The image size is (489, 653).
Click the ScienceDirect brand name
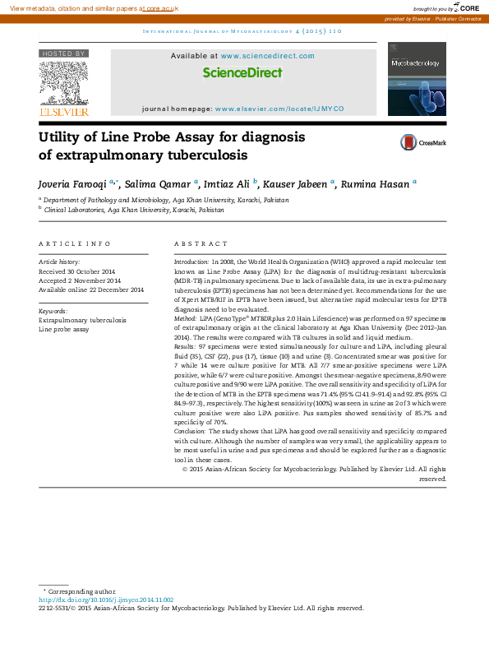pyautogui.click(x=242, y=72)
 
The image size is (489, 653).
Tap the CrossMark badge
pyautogui.click(x=423, y=142)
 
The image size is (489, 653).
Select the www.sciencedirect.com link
pyautogui.click(x=267, y=56)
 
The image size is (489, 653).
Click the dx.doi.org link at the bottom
pyautogui.click(x=106, y=600)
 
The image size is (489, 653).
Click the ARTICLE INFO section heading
pyautogui.click(x=75, y=244)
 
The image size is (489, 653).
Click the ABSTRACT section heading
pyautogui.click(x=201, y=244)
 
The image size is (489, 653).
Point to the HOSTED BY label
pyautogui.click(x=63, y=53)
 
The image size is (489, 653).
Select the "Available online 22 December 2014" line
pyautogui.click(x=91, y=289)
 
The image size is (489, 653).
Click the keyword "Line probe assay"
pyautogui.click(x=63, y=329)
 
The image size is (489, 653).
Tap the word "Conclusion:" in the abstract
pyautogui.click(x=191, y=430)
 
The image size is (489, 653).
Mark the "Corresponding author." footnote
pyautogui.click(x=82, y=591)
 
